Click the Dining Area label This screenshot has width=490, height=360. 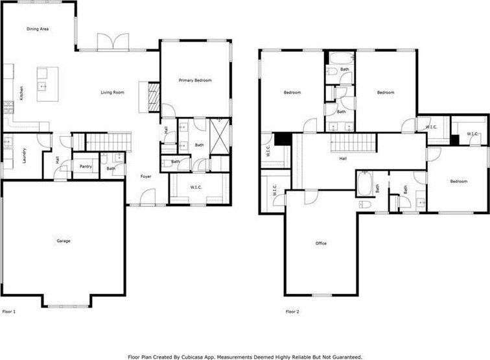(38, 29)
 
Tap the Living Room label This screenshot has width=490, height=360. (113, 92)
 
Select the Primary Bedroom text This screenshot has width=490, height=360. (195, 80)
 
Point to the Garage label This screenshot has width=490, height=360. (64, 241)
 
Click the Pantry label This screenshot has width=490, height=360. (86, 167)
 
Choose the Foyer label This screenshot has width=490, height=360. (146, 176)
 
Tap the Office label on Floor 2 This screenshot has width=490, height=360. (321, 243)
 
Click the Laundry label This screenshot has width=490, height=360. (25, 156)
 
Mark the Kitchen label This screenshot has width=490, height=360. (21, 93)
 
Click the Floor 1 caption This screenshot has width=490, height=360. (9, 311)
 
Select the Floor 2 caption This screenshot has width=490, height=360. (292, 311)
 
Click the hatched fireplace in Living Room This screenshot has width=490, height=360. (154, 97)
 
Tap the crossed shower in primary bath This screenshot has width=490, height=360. (220, 136)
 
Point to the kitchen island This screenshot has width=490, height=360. (47, 84)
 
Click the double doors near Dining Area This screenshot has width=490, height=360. (113, 42)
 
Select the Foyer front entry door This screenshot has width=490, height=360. (148, 197)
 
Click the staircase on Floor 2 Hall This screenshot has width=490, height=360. (353, 143)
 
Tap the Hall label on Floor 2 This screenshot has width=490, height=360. (343, 158)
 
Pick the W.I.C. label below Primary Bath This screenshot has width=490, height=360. (196, 187)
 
